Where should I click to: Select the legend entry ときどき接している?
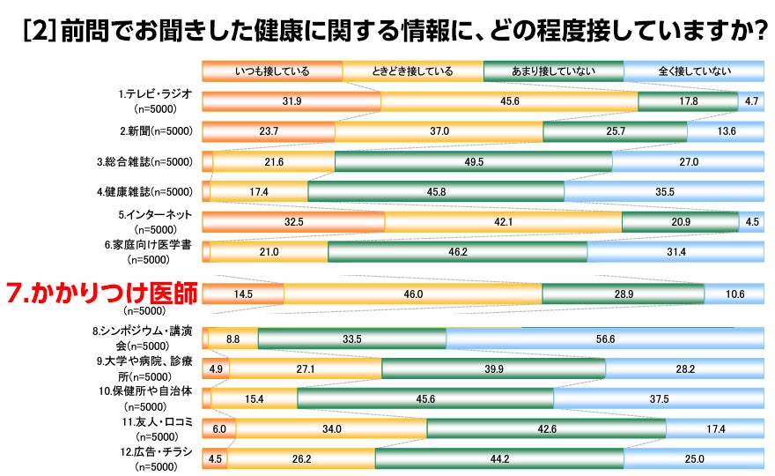pos(412,71)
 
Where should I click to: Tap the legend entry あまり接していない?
pos(552,71)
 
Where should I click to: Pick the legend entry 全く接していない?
pos(693,71)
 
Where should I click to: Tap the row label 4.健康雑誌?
pos(145,191)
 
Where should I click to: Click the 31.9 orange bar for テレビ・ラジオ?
pos(292,101)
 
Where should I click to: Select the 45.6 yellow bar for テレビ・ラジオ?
pos(509,101)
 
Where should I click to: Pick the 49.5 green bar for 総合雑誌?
pos(473,161)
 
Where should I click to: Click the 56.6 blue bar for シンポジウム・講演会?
pos(604,338)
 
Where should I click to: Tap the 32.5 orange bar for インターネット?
pos(293,221)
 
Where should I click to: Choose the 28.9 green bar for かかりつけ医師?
pos(623,294)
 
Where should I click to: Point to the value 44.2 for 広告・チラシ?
pos(499,458)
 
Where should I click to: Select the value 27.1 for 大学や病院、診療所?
pos(306,368)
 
